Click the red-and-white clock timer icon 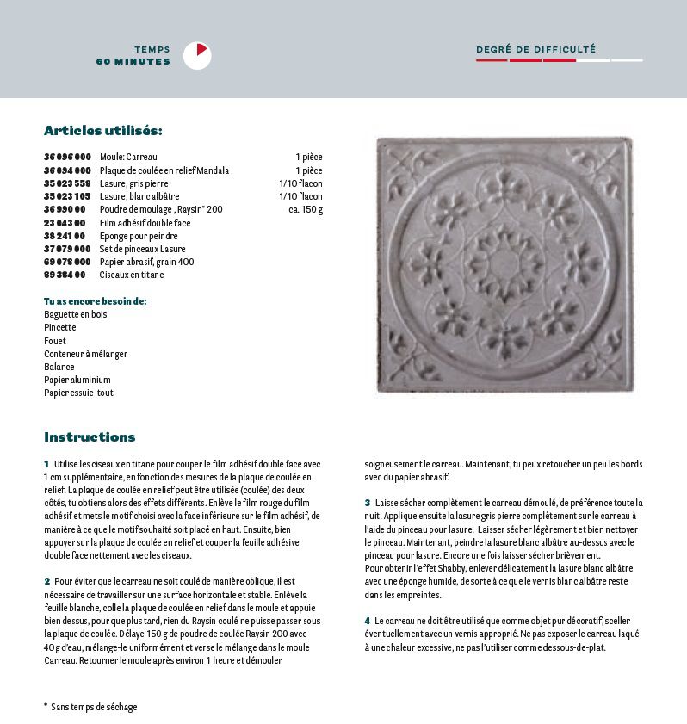[x=197, y=55]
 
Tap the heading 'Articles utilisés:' [x=102, y=131]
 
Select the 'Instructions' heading [x=90, y=436]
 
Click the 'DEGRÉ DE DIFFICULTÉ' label [x=535, y=50]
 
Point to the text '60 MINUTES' [x=133, y=61]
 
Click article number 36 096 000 [x=67, y=158]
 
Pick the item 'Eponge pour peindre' [x=139, y=236]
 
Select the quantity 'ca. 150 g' [x=306, y=209]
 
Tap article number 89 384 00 [x=65, y=275]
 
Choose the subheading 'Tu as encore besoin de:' [x=95, y=301]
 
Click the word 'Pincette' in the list [x=60, y=327]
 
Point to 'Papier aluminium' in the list [x=77, y=380]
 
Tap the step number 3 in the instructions [x=367, y=502]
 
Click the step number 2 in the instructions [x=46, y=581]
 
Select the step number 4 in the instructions [x=367, y=621]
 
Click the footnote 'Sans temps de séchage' [x=94, y=707]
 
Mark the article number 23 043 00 [x=65, y=223]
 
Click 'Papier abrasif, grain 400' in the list [x=146, y=262]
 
